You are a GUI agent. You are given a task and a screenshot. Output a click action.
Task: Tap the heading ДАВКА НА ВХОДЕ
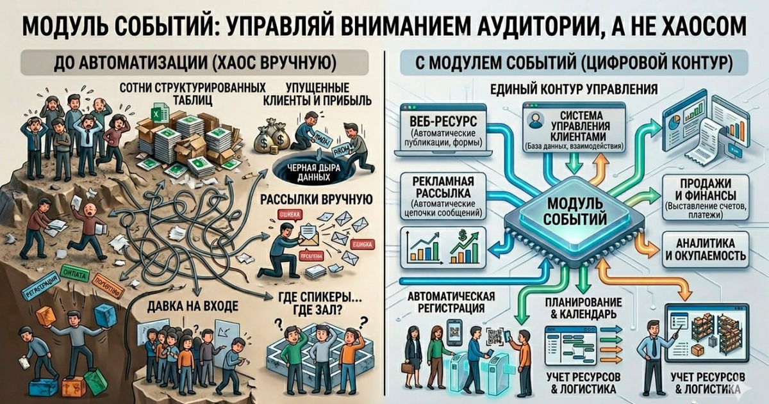tap(187, 305)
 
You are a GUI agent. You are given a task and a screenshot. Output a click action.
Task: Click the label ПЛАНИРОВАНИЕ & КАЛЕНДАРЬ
tap(583, 308)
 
